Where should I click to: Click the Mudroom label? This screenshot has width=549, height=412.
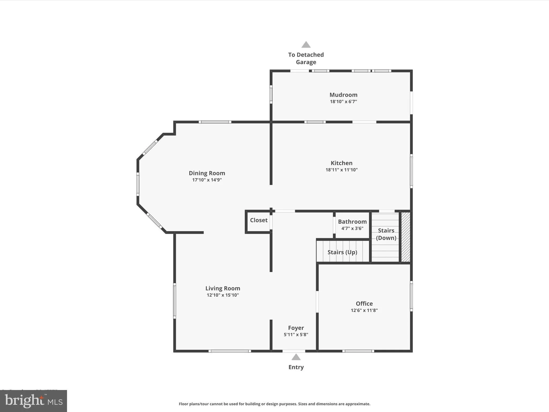click(343, 95)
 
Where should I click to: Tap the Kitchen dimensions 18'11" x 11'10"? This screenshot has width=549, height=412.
click(341, 170)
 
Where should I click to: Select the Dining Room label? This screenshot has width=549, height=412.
click(207, 173)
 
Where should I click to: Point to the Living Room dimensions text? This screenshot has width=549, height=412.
click(222, 295)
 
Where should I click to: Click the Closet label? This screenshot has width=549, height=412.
click(258, 220)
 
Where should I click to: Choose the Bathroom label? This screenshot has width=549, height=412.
click(352, 222)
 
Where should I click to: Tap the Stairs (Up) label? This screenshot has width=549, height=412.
click(342, 252)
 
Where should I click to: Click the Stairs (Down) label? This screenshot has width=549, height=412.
click(386, 234)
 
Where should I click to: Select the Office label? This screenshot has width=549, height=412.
click(364, 304)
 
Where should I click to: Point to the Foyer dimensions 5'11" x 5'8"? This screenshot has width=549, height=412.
click(296, 334)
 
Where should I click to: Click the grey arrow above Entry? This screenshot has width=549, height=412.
click(296, 357)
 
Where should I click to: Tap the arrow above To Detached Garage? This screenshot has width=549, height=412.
click(306, 45)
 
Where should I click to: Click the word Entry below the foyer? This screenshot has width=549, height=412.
click(296, 367)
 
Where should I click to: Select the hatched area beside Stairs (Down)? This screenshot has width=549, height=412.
click(405, 237)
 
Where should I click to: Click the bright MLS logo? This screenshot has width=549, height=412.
click(34, 401)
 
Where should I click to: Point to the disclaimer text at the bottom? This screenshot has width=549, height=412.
click(274, 404)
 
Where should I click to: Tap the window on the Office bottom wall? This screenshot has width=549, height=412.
click(358, 351)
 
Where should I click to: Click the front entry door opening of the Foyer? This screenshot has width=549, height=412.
click(294, 351)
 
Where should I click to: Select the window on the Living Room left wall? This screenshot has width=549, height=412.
click(175, 301)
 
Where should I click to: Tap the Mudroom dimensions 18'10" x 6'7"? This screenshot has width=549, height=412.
click(343, 102)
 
